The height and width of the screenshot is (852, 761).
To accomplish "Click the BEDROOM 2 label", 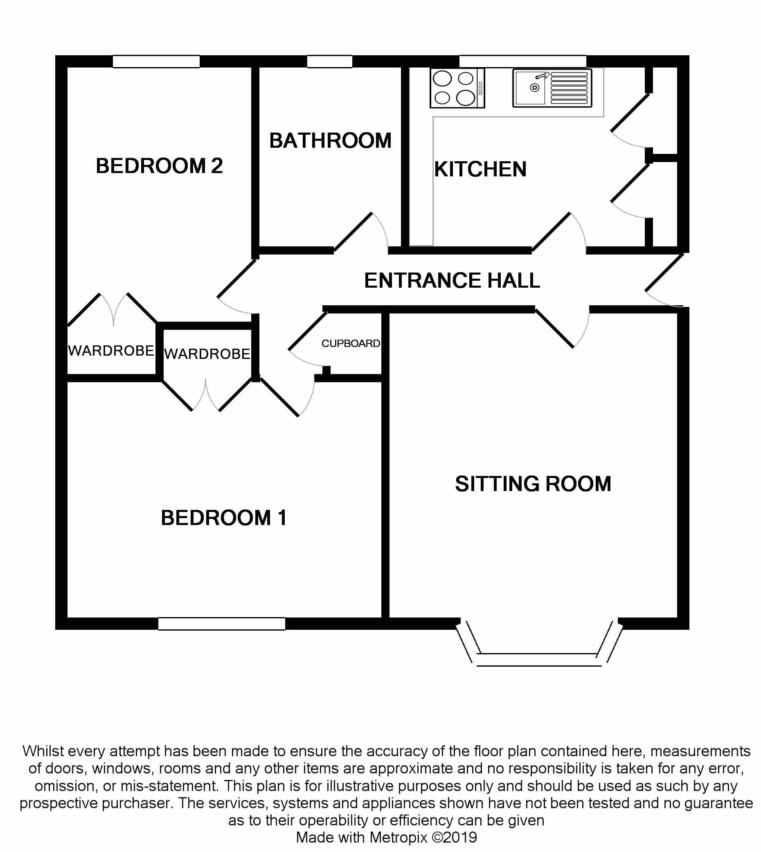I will tap(159, 166).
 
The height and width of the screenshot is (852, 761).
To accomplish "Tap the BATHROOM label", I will tap(330, 140).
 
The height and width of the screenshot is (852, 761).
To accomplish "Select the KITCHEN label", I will tap(480, 169).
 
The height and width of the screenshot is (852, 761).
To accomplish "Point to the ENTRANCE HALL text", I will tap(452, 280).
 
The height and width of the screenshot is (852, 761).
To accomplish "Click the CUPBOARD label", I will tap(350, 343).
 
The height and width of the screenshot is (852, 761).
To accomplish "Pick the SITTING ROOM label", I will tap(533, 484).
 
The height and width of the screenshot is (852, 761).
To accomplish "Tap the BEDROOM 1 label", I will tap(224, 518).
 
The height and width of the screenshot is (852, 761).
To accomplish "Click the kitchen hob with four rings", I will tap(457, 88).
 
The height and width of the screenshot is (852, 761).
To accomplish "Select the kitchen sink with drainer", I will tap(552, 88).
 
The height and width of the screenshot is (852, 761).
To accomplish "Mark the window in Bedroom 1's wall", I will tap(222, 624).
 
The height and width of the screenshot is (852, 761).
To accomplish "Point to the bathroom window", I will tap(329, 61).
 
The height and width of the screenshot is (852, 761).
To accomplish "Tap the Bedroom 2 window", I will tap(156, 61).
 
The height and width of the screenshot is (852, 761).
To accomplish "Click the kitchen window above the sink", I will tap(522, 61).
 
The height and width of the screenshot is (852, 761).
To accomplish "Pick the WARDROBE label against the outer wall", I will tap(111, 351).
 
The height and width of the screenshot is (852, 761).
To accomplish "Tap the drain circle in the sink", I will tap(534, 88).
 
